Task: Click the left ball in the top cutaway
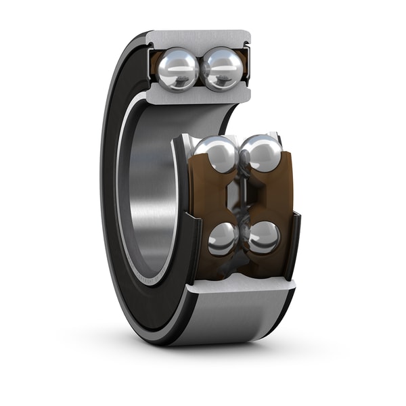click(178, 68)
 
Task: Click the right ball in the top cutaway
click(221, 68)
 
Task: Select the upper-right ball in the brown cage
click(261, 153)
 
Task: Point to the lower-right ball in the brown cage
click(263, 238)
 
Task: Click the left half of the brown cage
click(206, 196)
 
